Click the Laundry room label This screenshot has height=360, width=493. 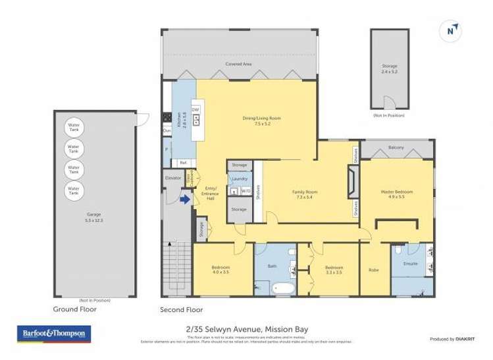point(239,178)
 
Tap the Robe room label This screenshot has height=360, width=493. point(374,270)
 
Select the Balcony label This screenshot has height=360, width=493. point(396,147)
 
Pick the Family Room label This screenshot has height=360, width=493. point(305,194)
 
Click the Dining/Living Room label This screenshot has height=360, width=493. point(261,120)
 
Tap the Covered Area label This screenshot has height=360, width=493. point(238,64)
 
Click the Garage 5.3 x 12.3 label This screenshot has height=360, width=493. point(95,216)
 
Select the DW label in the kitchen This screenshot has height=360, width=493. point(195,109)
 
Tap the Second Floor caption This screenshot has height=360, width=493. point(182,309)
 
